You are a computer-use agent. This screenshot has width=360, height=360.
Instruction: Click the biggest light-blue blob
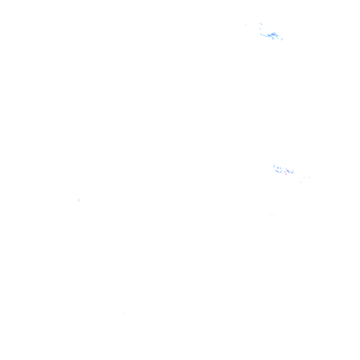pyautogui.click(x=272, y=35)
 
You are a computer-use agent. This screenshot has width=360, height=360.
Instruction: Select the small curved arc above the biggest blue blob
pyautogui.click(x=261, y=24)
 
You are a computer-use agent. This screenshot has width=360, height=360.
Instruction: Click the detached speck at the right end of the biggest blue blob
pyautogui.click(x=282, y=38)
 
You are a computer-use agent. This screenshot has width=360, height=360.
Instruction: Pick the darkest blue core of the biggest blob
pyautogui.click(x=273, y=34)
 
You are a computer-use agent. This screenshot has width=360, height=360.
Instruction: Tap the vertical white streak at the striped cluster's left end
pyautogui.click(x=273, y=166)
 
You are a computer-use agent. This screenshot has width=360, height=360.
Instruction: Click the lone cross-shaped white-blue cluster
pyautogui.click(x=79, y=201)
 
